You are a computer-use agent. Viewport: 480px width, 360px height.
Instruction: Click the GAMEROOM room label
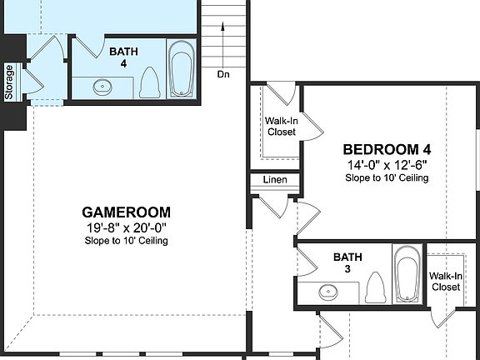126,212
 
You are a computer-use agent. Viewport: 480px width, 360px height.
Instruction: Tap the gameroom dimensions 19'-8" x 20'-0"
126,227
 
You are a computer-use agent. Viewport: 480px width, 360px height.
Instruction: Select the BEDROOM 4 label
387,150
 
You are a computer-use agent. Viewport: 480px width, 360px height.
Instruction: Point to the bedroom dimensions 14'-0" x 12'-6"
387,165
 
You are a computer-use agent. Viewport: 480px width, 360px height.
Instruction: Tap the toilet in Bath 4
150,82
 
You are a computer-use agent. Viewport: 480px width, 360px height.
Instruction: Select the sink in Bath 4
104,85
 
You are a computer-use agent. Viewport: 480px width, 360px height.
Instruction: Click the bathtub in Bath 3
406,274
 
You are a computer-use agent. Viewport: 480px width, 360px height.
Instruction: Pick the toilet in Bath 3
375,287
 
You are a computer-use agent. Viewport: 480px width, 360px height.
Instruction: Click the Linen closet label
275,180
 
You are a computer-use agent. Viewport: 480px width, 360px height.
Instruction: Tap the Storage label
9,82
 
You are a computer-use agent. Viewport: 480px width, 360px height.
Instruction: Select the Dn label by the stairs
223,74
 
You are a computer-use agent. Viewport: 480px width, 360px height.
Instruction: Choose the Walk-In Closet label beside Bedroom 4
281,126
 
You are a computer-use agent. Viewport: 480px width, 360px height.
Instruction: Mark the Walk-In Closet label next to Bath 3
446,282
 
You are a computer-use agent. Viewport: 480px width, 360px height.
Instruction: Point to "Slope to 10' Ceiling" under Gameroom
126,241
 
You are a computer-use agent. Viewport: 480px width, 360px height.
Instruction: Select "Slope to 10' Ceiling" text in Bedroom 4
387,178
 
